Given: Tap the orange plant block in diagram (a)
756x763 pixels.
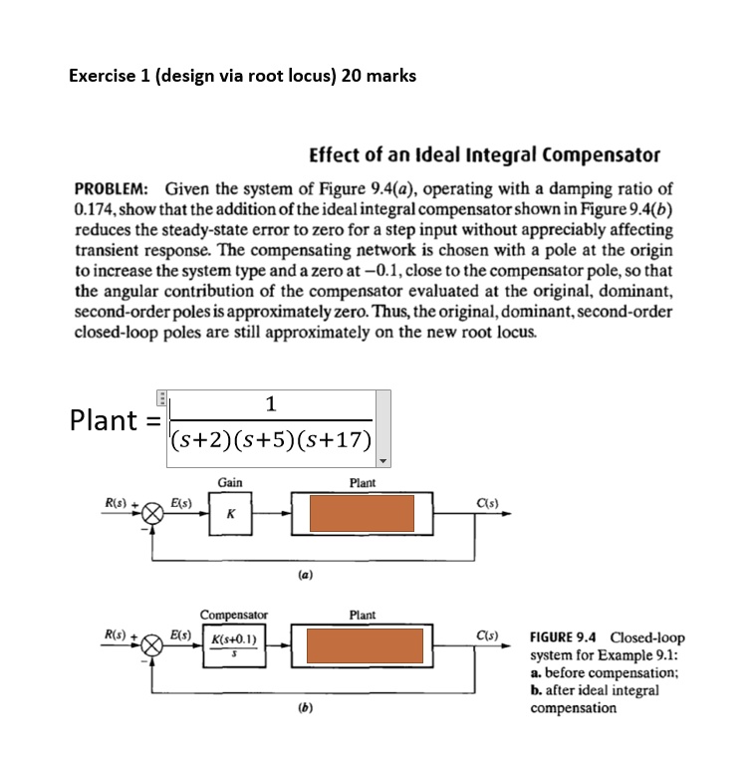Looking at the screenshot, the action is [361, 513].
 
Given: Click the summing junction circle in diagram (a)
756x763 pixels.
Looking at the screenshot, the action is [152, 514].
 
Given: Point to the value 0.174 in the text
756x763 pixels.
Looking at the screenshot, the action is [92, 206].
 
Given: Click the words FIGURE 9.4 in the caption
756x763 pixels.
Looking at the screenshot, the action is [566, 637].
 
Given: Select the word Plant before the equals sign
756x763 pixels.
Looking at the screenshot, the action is [103, 419].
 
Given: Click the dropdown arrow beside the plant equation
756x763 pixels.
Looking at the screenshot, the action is [383, 460].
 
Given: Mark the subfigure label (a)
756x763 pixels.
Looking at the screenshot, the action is [300, 575].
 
